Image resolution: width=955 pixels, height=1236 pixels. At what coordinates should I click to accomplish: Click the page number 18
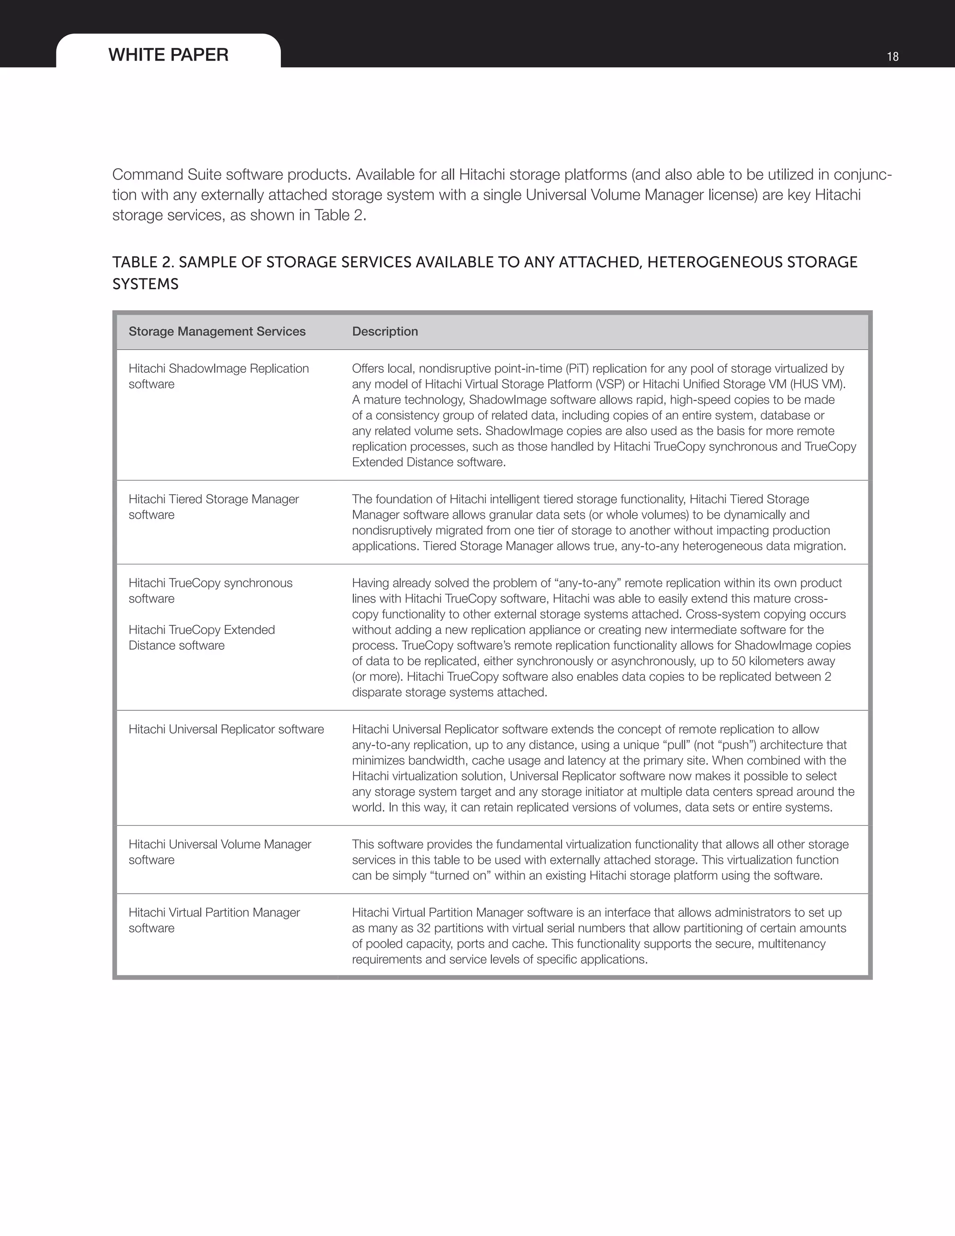click(x=892, y=56)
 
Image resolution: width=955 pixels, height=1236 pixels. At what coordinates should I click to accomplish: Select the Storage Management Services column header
click(x=217, y=332)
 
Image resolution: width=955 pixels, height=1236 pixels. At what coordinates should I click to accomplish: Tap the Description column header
click(x=385, y=332)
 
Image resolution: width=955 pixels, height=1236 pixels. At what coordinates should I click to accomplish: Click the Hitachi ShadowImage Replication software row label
click(x=218, y=376)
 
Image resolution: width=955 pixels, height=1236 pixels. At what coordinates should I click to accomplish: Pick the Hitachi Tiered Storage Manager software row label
click(x=213, y=507)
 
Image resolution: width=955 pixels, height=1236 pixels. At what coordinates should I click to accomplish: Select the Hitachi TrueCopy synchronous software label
click(x=210, y=590)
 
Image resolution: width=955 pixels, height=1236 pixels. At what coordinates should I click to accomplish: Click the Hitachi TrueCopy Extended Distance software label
click(x=201, y=637)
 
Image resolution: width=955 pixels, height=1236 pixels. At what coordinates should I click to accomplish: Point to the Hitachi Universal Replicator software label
click(x=226, y=729)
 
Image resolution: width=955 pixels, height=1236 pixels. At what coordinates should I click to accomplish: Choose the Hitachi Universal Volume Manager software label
click(x=220, y=852)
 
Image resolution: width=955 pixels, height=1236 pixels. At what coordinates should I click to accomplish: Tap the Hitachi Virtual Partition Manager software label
click(x=214, y=920)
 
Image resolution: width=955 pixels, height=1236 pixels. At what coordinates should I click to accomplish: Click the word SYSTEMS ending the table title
click(x=145, y=284)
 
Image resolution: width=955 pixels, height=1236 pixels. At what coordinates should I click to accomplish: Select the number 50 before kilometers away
click(x=738, y=661)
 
